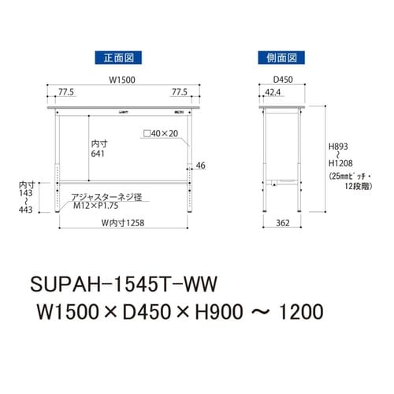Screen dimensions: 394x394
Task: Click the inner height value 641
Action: click(x=98, y=154)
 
